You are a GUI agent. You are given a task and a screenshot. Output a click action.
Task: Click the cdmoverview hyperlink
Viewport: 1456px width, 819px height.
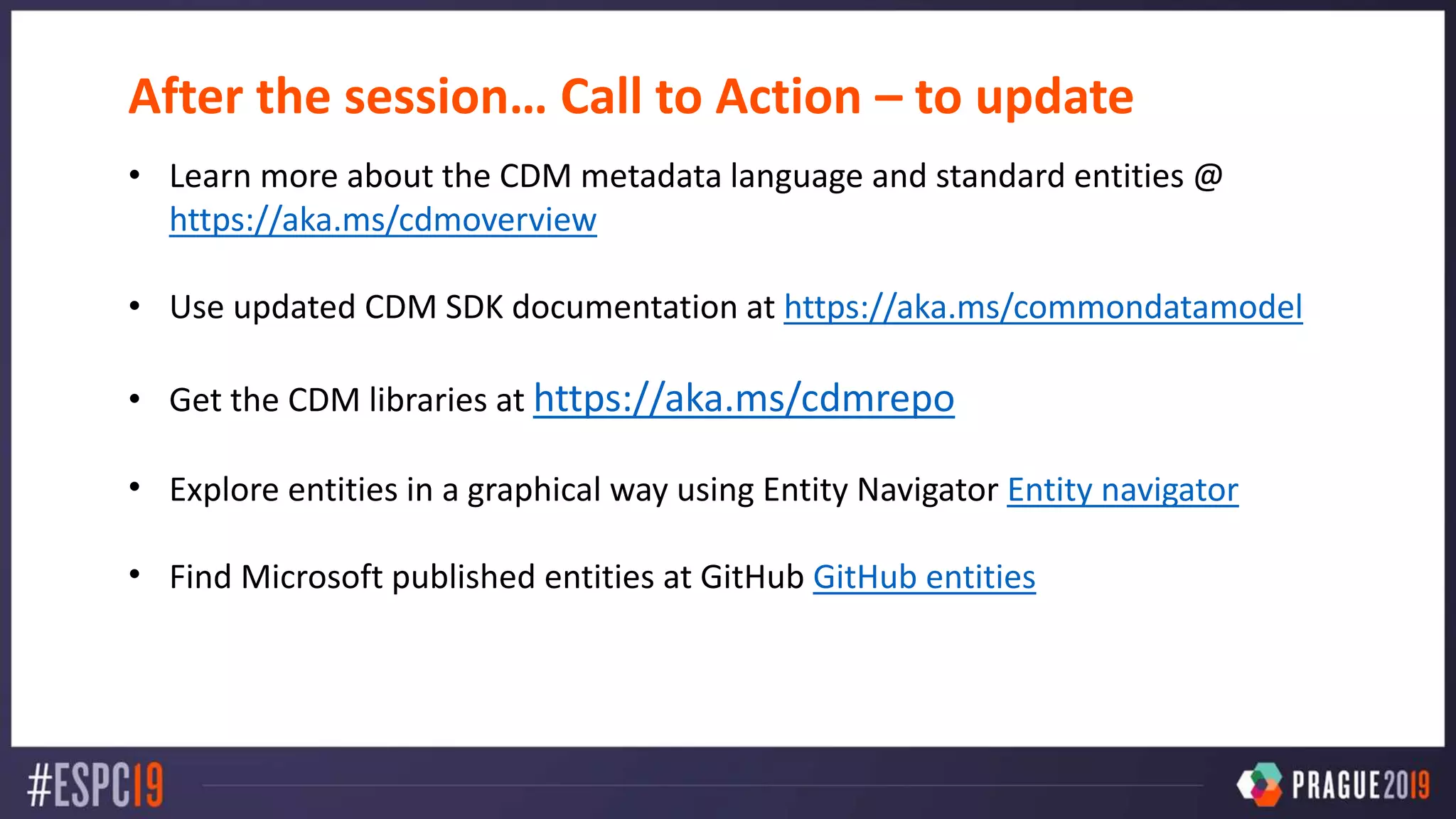coord(382,220)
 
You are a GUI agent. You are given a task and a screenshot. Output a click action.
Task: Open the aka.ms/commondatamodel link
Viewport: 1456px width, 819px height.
coord(1042,307)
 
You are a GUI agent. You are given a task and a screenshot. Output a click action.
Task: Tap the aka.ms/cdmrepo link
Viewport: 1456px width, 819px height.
coord(744,398)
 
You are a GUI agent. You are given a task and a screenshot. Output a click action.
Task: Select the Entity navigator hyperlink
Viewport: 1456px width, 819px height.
coord(1122,490)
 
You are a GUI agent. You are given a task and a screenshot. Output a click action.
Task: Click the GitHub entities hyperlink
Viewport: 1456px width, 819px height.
coord(924,577)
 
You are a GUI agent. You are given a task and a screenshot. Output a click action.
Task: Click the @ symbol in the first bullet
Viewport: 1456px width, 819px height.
coord(1208,176)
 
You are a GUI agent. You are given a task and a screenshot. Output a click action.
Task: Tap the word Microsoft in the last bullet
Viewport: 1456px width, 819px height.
coord(311,577)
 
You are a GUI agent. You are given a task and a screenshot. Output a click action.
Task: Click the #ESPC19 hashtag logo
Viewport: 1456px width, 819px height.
coord(95,785)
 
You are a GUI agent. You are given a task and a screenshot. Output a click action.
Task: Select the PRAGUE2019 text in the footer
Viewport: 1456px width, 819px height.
coord(1359,785)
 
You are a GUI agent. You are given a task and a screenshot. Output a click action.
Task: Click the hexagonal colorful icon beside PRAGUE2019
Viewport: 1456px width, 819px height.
coord(1260,784)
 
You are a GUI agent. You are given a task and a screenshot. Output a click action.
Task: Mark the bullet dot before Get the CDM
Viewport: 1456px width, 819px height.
coord(134,399)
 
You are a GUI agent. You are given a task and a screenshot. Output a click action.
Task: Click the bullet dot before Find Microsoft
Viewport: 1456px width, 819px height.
coord(134,574)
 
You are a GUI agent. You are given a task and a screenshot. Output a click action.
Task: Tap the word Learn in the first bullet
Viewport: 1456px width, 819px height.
coord(210,176)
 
